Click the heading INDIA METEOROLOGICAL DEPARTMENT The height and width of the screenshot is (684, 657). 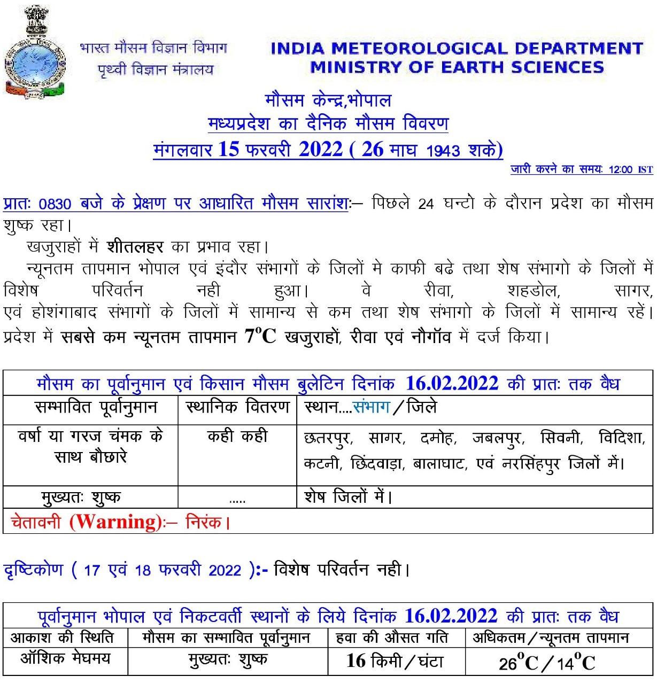457,49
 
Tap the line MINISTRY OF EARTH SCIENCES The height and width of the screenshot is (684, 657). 457,67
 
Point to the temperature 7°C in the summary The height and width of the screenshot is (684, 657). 260,337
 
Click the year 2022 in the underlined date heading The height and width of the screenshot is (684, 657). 320,150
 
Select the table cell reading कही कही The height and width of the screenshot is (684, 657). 237,437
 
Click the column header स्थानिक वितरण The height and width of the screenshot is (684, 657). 237,407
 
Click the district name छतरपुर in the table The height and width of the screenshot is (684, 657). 327,439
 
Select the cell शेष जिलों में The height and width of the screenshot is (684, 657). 348,497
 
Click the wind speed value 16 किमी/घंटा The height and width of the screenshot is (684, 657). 395,662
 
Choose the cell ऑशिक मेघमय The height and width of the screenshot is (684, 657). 65,658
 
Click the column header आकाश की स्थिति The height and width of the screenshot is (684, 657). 62,638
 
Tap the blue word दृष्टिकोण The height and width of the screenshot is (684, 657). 34,570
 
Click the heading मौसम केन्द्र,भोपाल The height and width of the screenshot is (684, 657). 328,100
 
